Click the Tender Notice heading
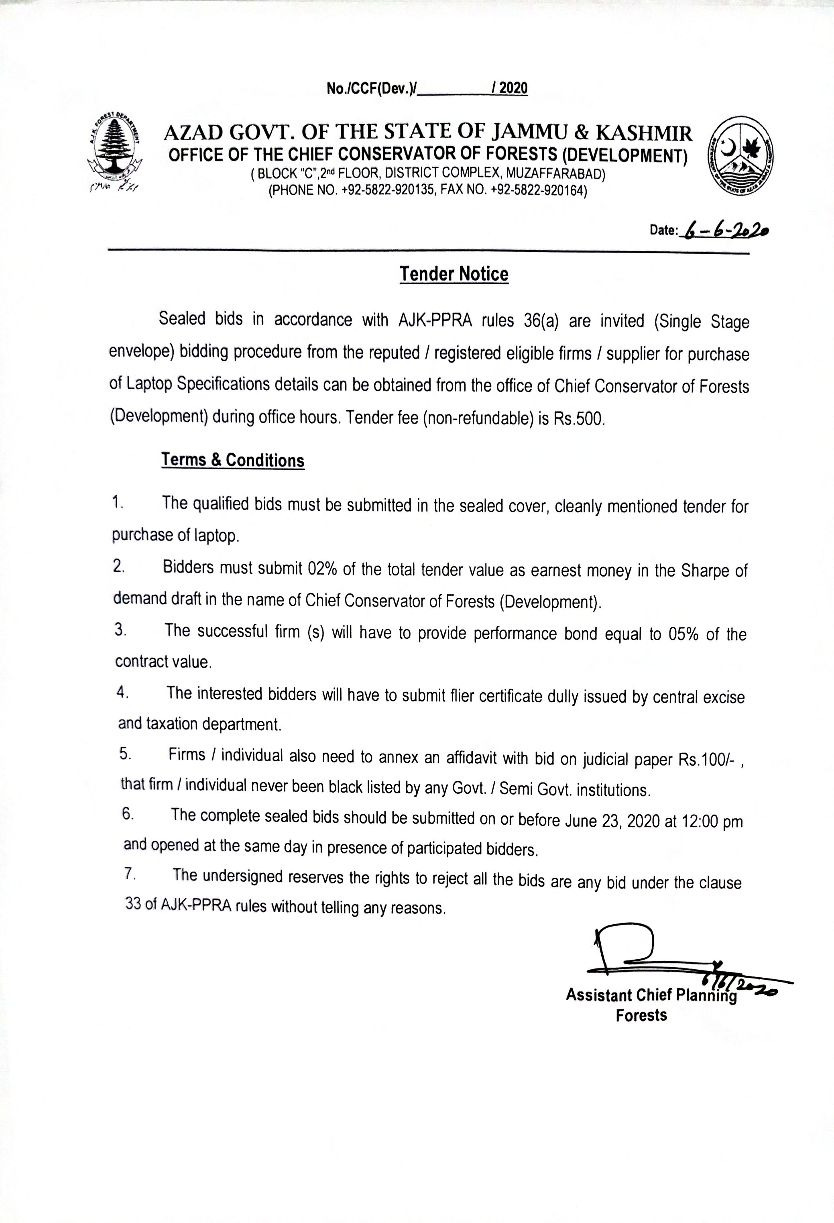click(x=454, y=274)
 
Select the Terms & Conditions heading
click(x=232, y=460)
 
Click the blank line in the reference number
click(x=454, y=90)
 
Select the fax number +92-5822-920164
click(x=538, y=190)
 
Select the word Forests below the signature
click(x=641, y=1015)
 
